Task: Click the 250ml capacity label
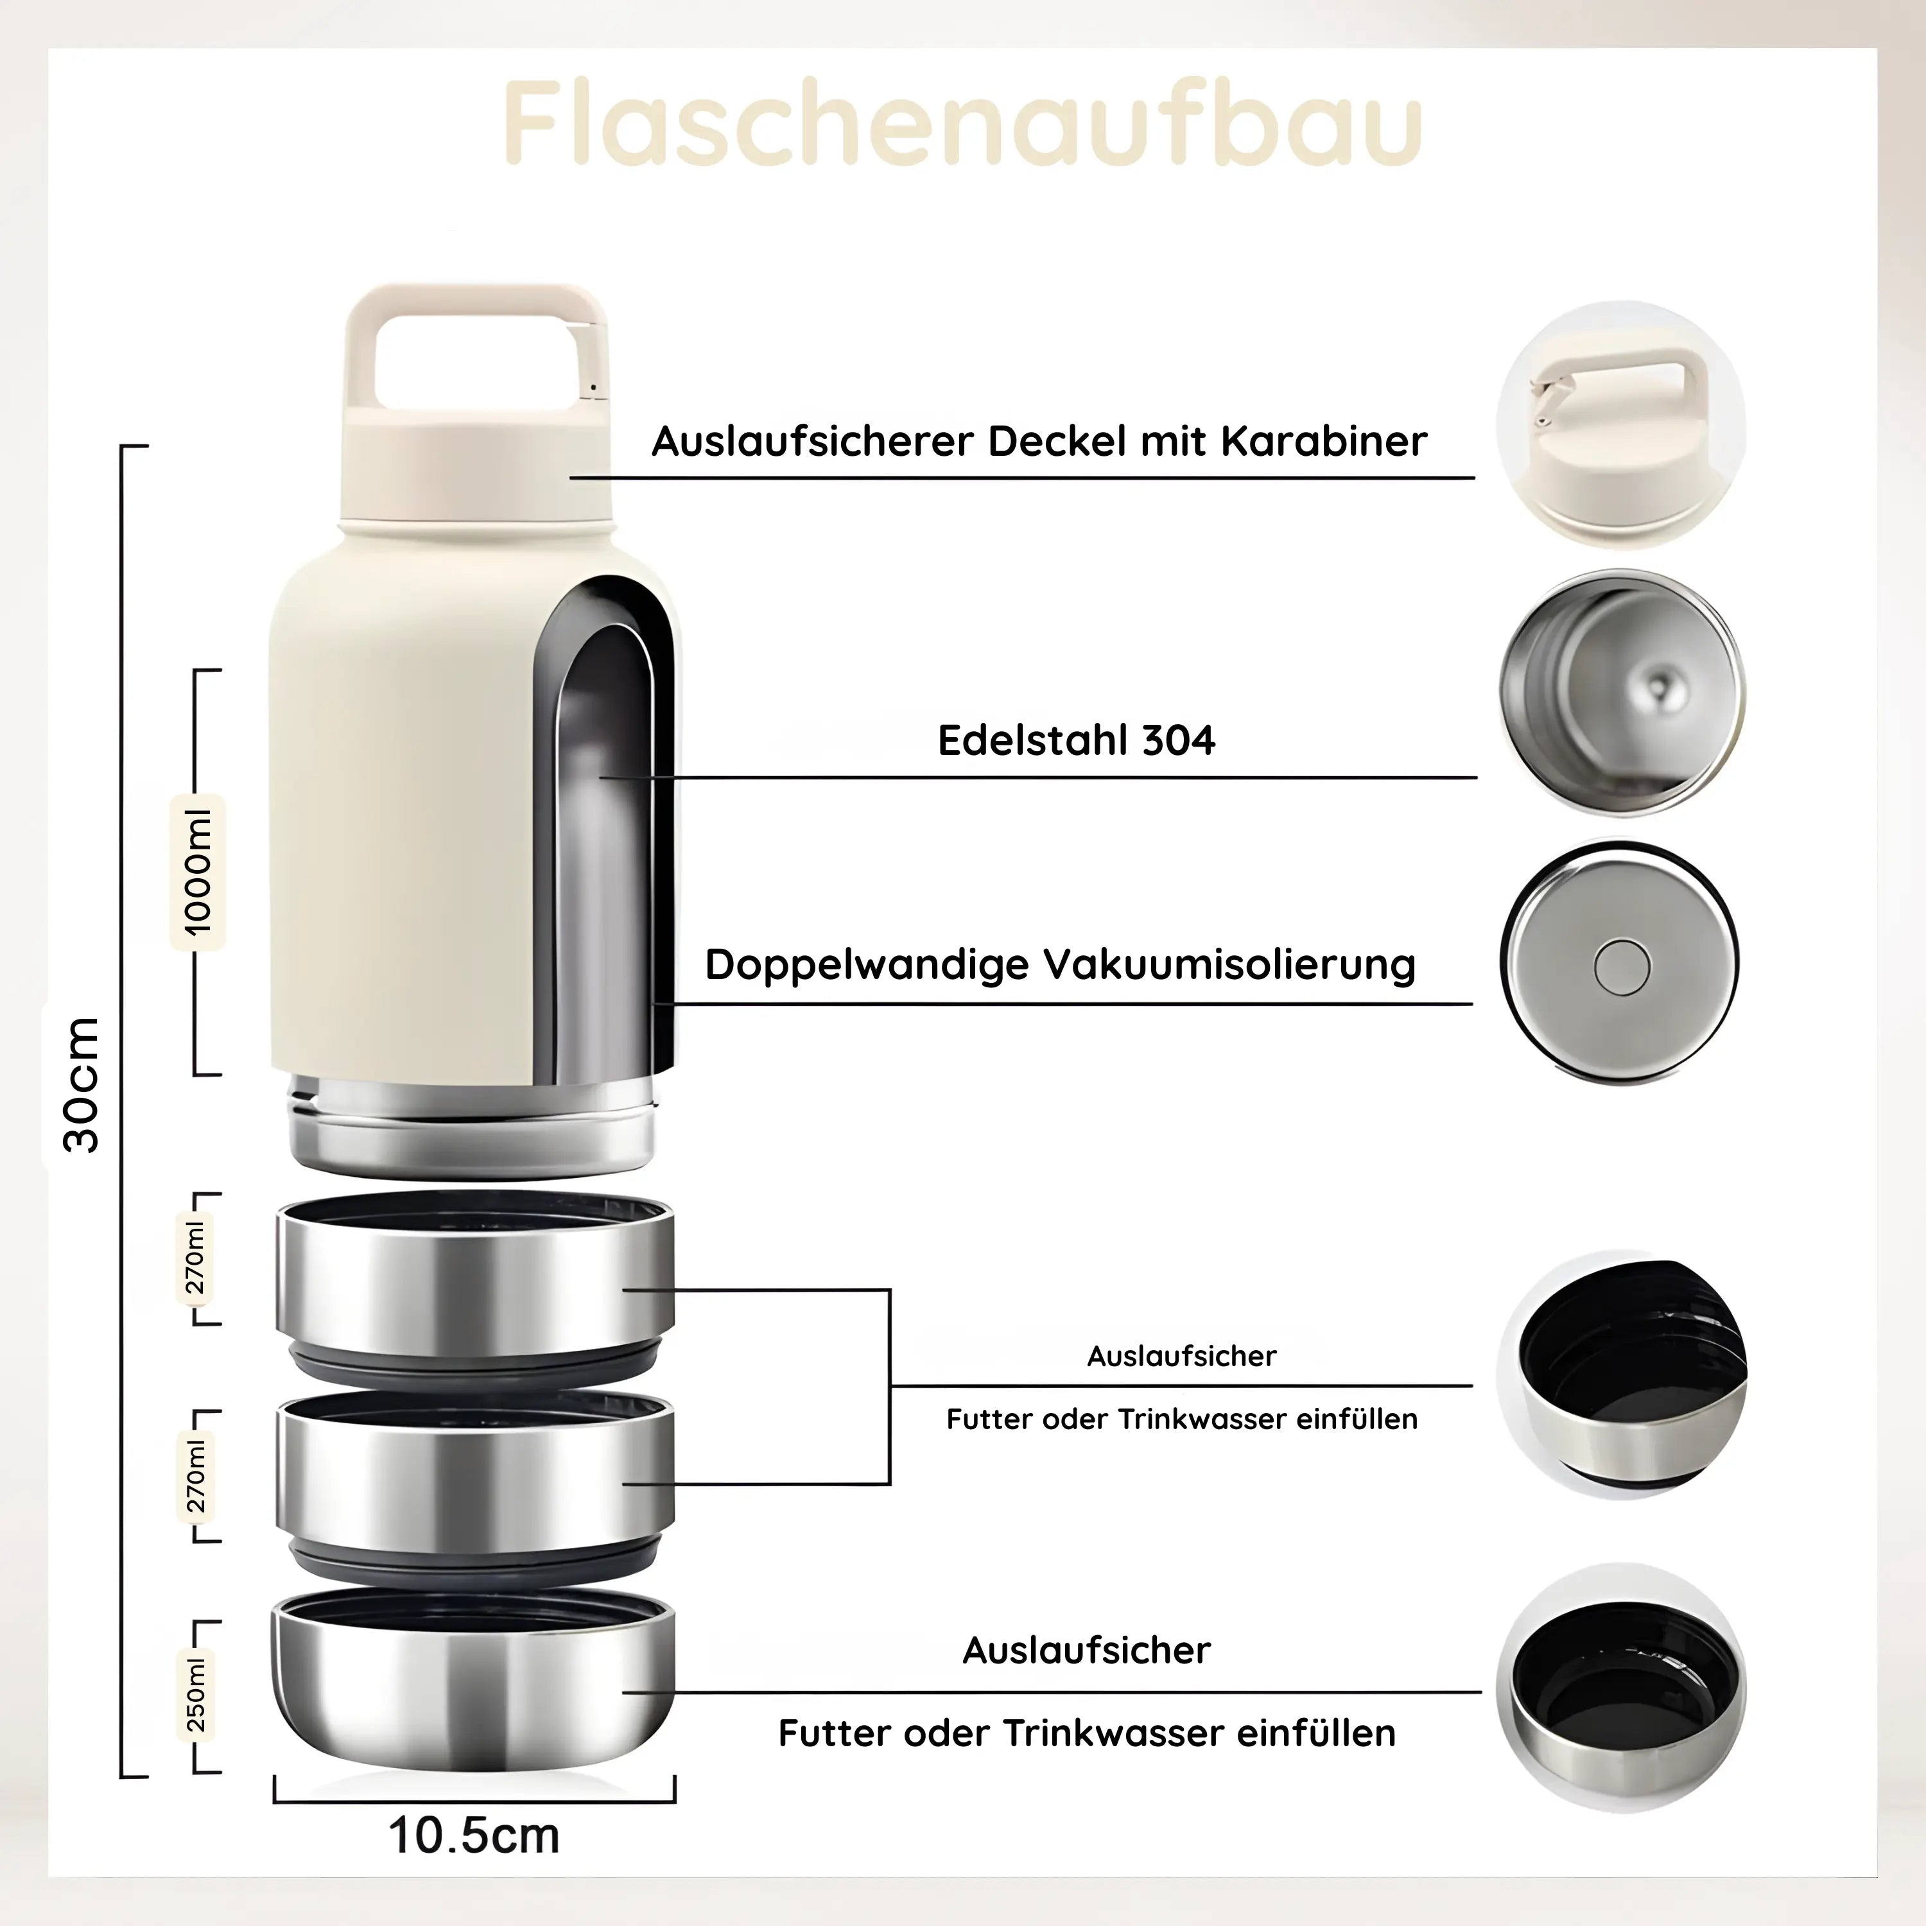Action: pos(196,1695)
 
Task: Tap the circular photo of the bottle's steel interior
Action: pos(1621,692)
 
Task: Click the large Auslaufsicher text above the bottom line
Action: pos(1087,1650)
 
